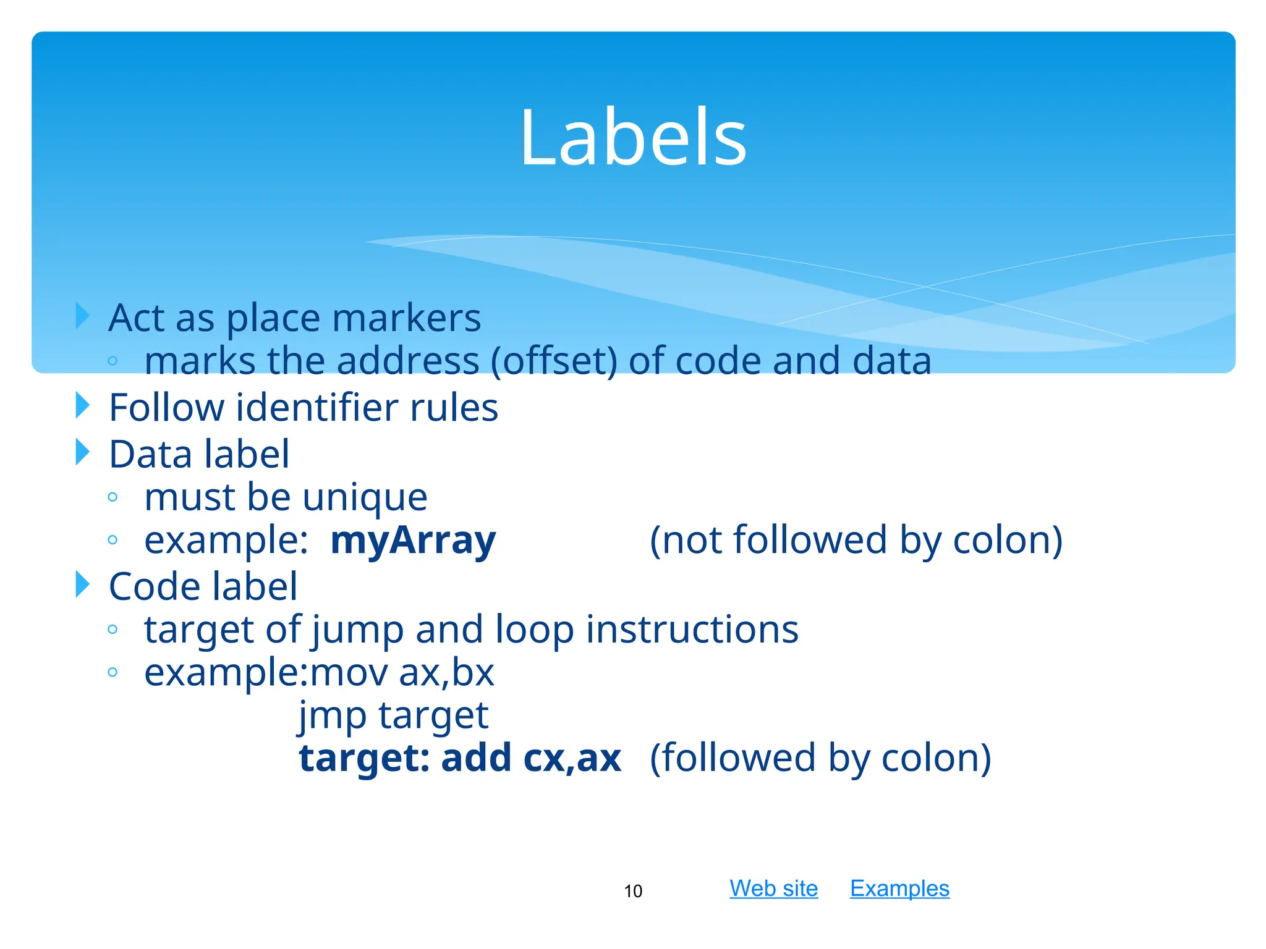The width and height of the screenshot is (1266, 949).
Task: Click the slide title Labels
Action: pyautogui.click(x=633, y=137)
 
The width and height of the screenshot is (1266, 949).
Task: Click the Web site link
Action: pyautogui.click(x=773, y=888)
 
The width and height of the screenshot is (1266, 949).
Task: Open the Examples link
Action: pyautogui.click(x=899, y=888)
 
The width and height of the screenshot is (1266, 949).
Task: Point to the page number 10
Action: pyautogui.click(x=633, y=891)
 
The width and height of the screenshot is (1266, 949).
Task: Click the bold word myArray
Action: pyautogui.click(x=413, y=540)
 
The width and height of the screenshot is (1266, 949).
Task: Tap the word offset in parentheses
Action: pyautogui.click(x=554, y=361)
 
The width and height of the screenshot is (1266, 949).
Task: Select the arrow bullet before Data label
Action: pyautogui.click(x=83, y=452)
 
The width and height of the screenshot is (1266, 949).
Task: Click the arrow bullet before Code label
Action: pyautogui.click(x=83, y=584)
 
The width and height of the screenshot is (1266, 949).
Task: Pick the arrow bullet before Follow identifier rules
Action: pyautogui.click(x=83, y=405)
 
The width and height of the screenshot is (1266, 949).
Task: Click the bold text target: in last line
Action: pyautogui.click(x=364, y=758)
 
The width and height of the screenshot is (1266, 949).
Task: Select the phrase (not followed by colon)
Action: pyautogui.click(x=856, y=540)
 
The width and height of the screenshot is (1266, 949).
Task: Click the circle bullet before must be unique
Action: pyautogui.click(x=113, y=497)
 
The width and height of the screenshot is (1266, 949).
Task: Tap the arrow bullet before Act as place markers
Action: pyautogui.click(x=83, y=316)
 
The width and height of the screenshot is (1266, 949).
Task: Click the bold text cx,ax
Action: pyautogui.click(x=572, y=758)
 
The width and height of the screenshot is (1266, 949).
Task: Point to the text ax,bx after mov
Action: pyautogui.click(x=446, y=673)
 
